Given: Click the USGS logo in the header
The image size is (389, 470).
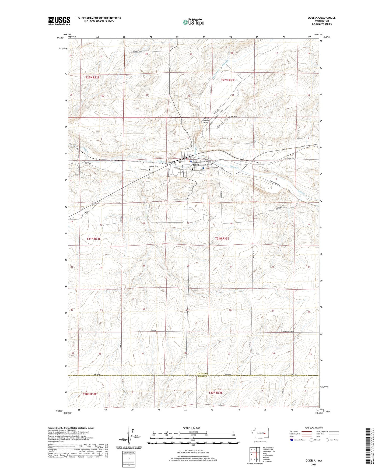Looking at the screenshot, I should tap(59, 21).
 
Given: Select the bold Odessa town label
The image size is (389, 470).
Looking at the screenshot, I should tap(195, 164).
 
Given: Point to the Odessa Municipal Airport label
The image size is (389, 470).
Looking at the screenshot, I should tap(206, 120).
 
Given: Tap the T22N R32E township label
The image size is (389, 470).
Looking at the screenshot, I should tap(92, 77).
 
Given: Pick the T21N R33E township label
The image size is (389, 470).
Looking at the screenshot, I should tap(222, 238).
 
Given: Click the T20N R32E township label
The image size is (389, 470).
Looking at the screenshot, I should tap(90, 394).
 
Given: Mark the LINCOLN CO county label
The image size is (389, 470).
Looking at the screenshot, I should tap(203, 374).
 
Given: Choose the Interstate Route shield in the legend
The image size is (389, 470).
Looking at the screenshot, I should tap(292, 440).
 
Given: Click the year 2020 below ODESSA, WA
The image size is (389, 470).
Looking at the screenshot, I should tap(314, 464).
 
